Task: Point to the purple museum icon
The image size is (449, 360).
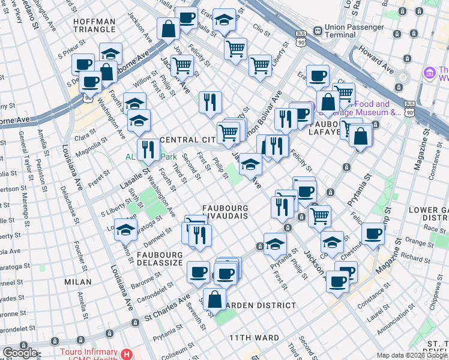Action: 429,73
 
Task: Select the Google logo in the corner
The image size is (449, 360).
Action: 19,352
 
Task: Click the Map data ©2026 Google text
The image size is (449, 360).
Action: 412,355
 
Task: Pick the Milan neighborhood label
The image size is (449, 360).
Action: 79,281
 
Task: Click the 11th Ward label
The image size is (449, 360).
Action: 254,338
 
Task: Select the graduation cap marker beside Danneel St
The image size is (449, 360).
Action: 126,230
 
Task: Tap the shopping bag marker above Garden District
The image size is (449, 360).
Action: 214,298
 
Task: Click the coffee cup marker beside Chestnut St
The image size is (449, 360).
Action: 373,233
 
